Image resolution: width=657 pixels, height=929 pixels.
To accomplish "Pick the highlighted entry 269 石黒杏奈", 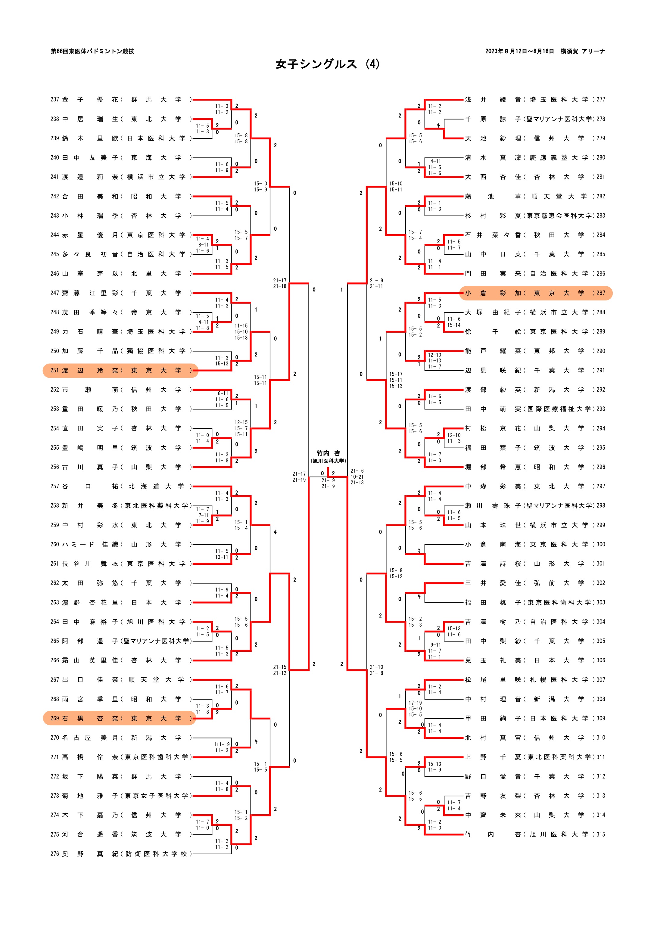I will tap(120, 719).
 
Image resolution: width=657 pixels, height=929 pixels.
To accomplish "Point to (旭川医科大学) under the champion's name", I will tap(328, 461).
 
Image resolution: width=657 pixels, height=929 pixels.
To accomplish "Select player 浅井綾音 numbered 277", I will tap(534, 100).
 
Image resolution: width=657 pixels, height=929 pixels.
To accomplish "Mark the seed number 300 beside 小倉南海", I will tap(601, 545).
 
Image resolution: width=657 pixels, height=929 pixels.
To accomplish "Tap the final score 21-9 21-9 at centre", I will tap(328, 483).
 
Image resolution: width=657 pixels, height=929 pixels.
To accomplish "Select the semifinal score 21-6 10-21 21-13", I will tap(357, 477).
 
